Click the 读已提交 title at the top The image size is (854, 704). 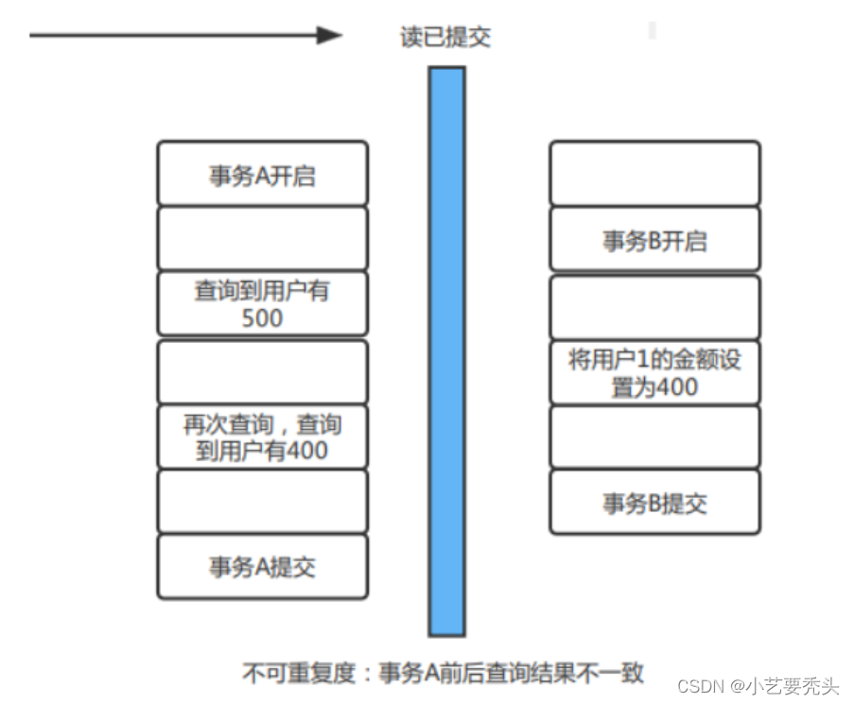tap(445, 38)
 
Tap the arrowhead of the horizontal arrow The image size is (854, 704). tap(329, 36)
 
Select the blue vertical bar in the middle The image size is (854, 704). tap(446, 350)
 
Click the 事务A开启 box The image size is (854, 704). tap(262, 174)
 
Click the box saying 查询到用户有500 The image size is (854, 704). tap(262, 303)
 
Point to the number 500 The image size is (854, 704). tap(262, 318)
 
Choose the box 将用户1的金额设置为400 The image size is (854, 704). tap(654, 372)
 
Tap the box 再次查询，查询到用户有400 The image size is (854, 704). tap(262, 436)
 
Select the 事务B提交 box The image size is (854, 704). tap(654, 503)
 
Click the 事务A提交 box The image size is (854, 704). tap(262, 566)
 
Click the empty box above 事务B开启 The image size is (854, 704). tap(654, 174)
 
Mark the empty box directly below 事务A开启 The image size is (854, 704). tap(262, 238)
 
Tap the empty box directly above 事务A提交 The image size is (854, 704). tap(262, 501)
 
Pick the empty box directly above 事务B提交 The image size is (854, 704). tap(654, 437)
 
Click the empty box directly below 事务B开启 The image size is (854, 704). tap(654, 307)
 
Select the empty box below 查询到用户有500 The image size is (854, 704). tap(262, 371)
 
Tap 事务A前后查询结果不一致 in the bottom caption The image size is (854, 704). tap(511, 673)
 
